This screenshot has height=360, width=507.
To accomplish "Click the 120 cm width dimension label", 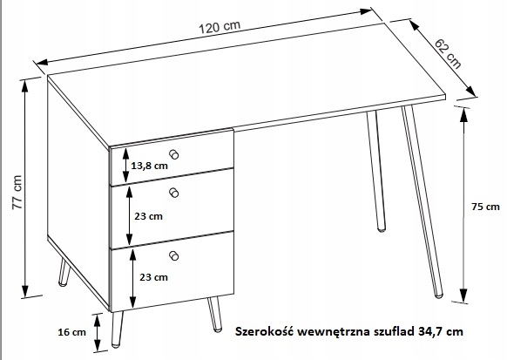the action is coord(220,27).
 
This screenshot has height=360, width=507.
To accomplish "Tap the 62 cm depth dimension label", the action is coord(448,54).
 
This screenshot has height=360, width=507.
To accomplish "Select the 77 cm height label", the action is coord(17,192).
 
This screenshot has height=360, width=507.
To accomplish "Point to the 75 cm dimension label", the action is coord(485,207).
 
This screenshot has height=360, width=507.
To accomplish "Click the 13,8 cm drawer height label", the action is coord(149,166).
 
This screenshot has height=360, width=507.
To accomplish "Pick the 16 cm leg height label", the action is coord(71,332).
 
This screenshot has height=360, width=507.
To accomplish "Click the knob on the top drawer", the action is coord(174,154).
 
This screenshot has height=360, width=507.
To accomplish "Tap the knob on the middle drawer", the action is coord(174,193).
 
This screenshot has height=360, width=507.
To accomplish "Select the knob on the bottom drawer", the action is coord(174,255).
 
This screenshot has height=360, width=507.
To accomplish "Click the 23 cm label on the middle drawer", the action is coord(148,216).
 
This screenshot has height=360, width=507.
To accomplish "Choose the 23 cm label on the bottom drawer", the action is coord(153,277).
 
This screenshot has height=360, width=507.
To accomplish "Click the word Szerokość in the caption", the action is coord(264,331).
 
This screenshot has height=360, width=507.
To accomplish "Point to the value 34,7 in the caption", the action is coord(431,332).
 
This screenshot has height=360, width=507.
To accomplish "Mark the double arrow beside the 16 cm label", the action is coord(97,332).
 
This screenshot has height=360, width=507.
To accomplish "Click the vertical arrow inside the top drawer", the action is coord(125,166).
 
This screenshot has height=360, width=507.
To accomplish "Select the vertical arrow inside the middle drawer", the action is coord(129,216).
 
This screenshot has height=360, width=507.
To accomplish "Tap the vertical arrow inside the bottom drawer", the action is coord(132,279).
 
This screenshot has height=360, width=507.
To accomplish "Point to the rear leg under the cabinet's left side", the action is coord(64,272).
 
